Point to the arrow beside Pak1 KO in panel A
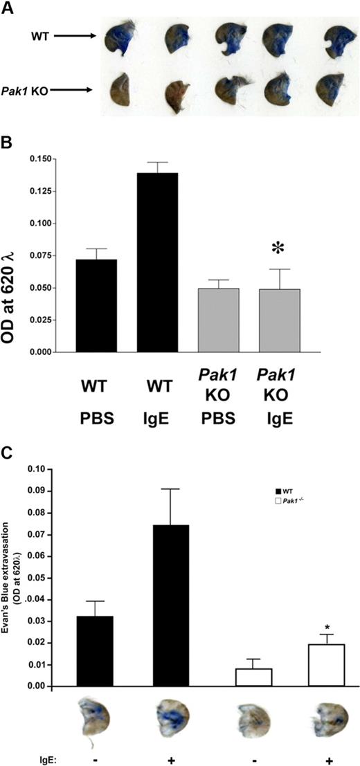click(x=76, y=89)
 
